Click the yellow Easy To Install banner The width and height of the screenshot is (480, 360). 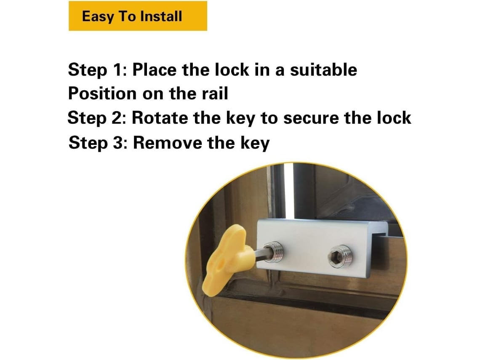coord(138,16)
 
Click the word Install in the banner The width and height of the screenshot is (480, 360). coord(161,16)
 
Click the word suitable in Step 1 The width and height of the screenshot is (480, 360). coord(323,69)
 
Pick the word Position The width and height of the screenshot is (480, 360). coord(102,93)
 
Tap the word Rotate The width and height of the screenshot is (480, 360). coord(160,118)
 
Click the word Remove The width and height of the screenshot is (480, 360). coord(167,143)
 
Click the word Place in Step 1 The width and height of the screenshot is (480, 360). coord(154,70)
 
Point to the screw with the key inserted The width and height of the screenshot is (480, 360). coord(274,252)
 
